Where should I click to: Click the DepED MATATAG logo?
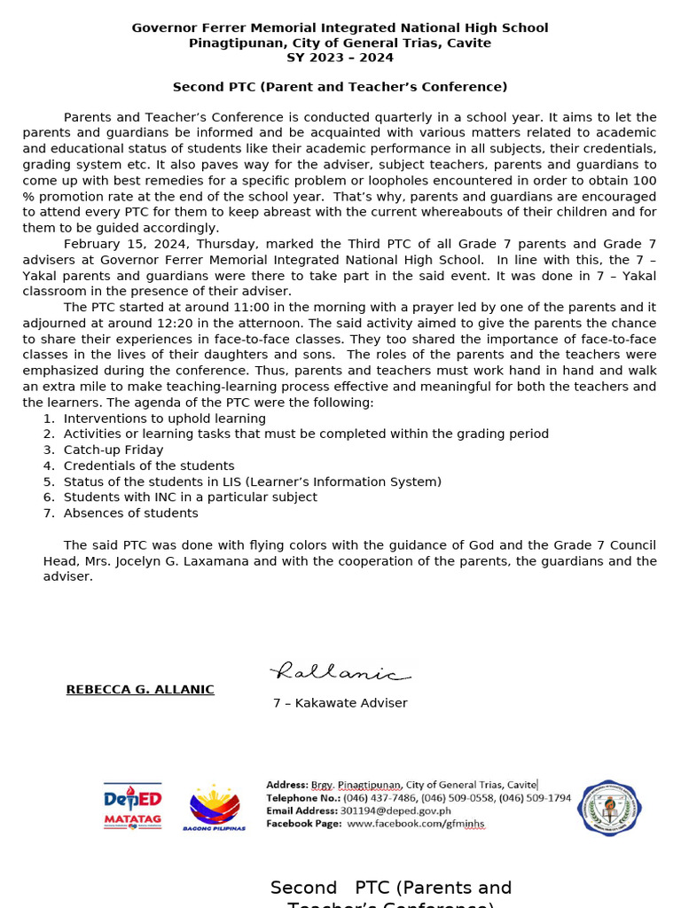(x=132, y=806)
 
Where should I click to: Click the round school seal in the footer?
(x=609, y=808)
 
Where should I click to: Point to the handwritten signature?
(x=339, y=673)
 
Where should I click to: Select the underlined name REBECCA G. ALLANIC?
(x=140, y=690)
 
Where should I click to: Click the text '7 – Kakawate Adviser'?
(x=340, y=703)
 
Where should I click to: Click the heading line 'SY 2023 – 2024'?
(x=340, y=58)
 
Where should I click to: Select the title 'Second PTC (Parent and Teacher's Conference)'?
(x=340, y=87)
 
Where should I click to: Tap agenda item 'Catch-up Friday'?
(x=113, y=450)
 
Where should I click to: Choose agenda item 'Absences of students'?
(x=130, y=513)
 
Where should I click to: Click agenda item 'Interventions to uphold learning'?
(x=164, y=419)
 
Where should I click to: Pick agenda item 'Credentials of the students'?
(x=149, y=466)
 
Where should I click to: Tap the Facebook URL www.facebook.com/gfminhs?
(x=415, y=824)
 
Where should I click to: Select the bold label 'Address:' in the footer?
(x=286, y=785)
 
